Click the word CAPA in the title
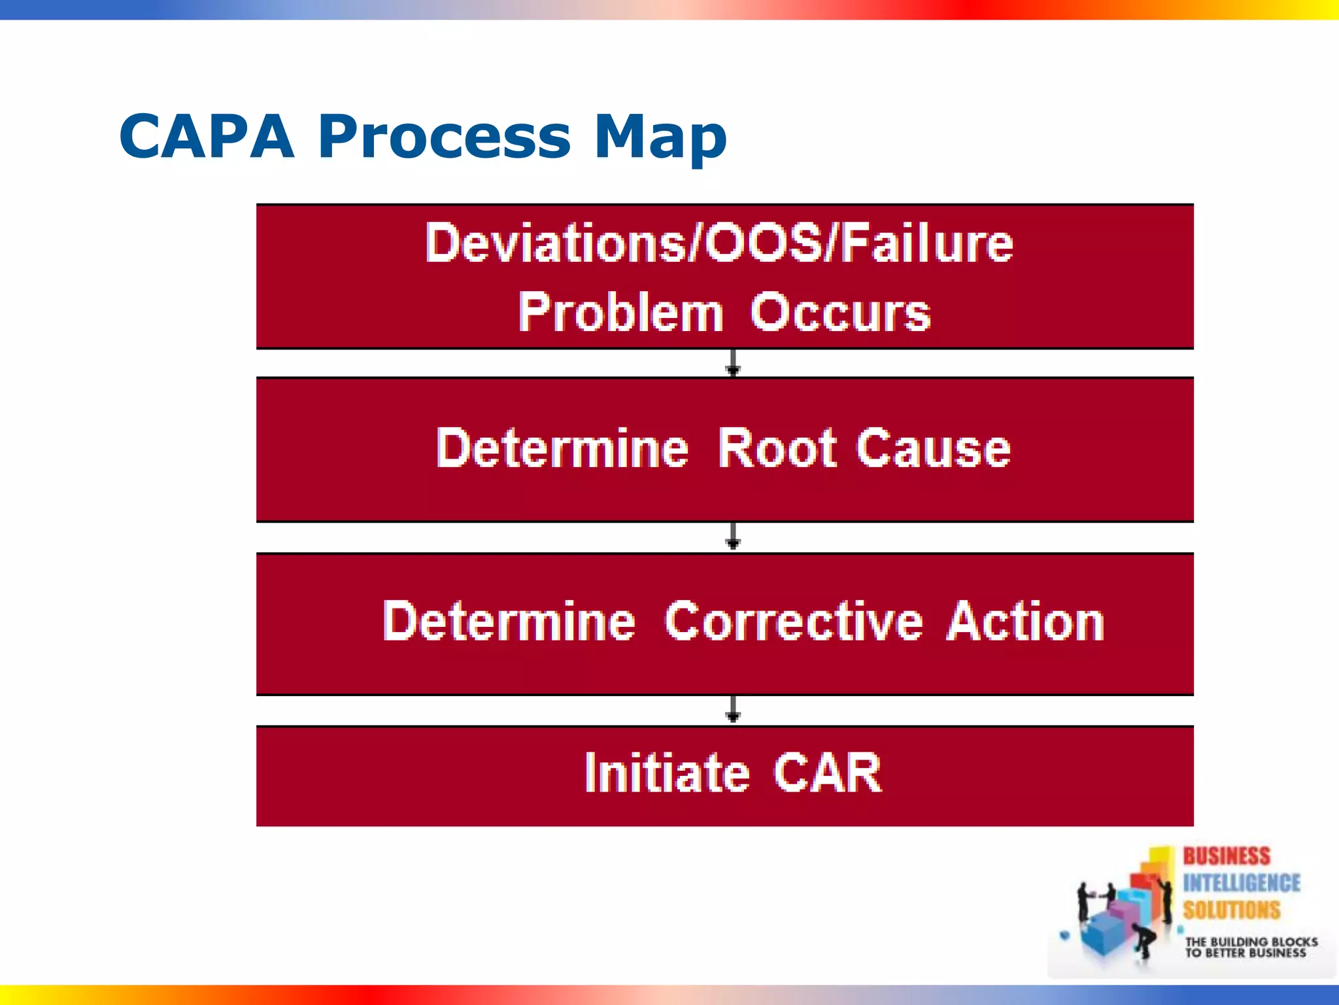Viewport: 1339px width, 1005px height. coord(207,137)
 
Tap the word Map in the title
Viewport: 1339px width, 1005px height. coord(660,137)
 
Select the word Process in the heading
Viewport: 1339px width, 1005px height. coord(445,137)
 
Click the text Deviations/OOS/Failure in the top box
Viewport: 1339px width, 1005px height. coord(719,243)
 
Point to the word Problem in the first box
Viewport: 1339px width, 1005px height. coord(620,313)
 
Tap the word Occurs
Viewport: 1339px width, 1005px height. coord(840,313)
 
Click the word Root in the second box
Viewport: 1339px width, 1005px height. coord(777,449)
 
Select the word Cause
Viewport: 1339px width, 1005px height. coord(934,449)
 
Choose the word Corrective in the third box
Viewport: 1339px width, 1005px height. coord(794,622)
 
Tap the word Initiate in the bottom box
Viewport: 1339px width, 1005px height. coord(666,773)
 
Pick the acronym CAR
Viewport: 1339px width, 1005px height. coord(828,773)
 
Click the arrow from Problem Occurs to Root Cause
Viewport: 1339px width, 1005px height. coord(733,363)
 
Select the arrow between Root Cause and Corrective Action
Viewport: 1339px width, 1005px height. coord(733,536)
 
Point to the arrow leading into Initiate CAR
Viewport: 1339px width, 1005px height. coord(733,710)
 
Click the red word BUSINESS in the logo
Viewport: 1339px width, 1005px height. coord(1226,856)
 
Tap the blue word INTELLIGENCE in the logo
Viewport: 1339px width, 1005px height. coord(1241,883)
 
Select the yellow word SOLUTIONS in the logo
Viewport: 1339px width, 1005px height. coord(1231,910)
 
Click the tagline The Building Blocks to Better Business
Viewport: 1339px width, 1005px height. coord(1250,947)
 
